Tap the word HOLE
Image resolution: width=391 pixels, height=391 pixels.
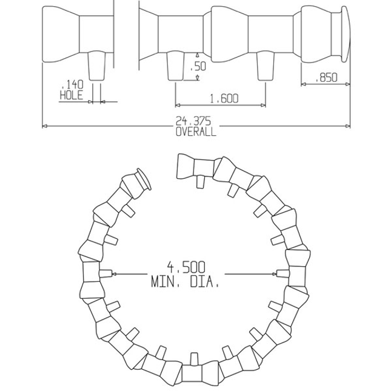tap(72, 95)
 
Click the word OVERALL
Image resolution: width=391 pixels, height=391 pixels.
tap(195, 131)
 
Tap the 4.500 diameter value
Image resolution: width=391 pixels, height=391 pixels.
tap(186, 267)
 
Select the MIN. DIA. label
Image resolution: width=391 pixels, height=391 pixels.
tap(185, 282)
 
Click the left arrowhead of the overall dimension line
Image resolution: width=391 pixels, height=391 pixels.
tap(44, 126)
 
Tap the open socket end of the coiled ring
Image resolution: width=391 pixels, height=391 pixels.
tap(184, 165)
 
